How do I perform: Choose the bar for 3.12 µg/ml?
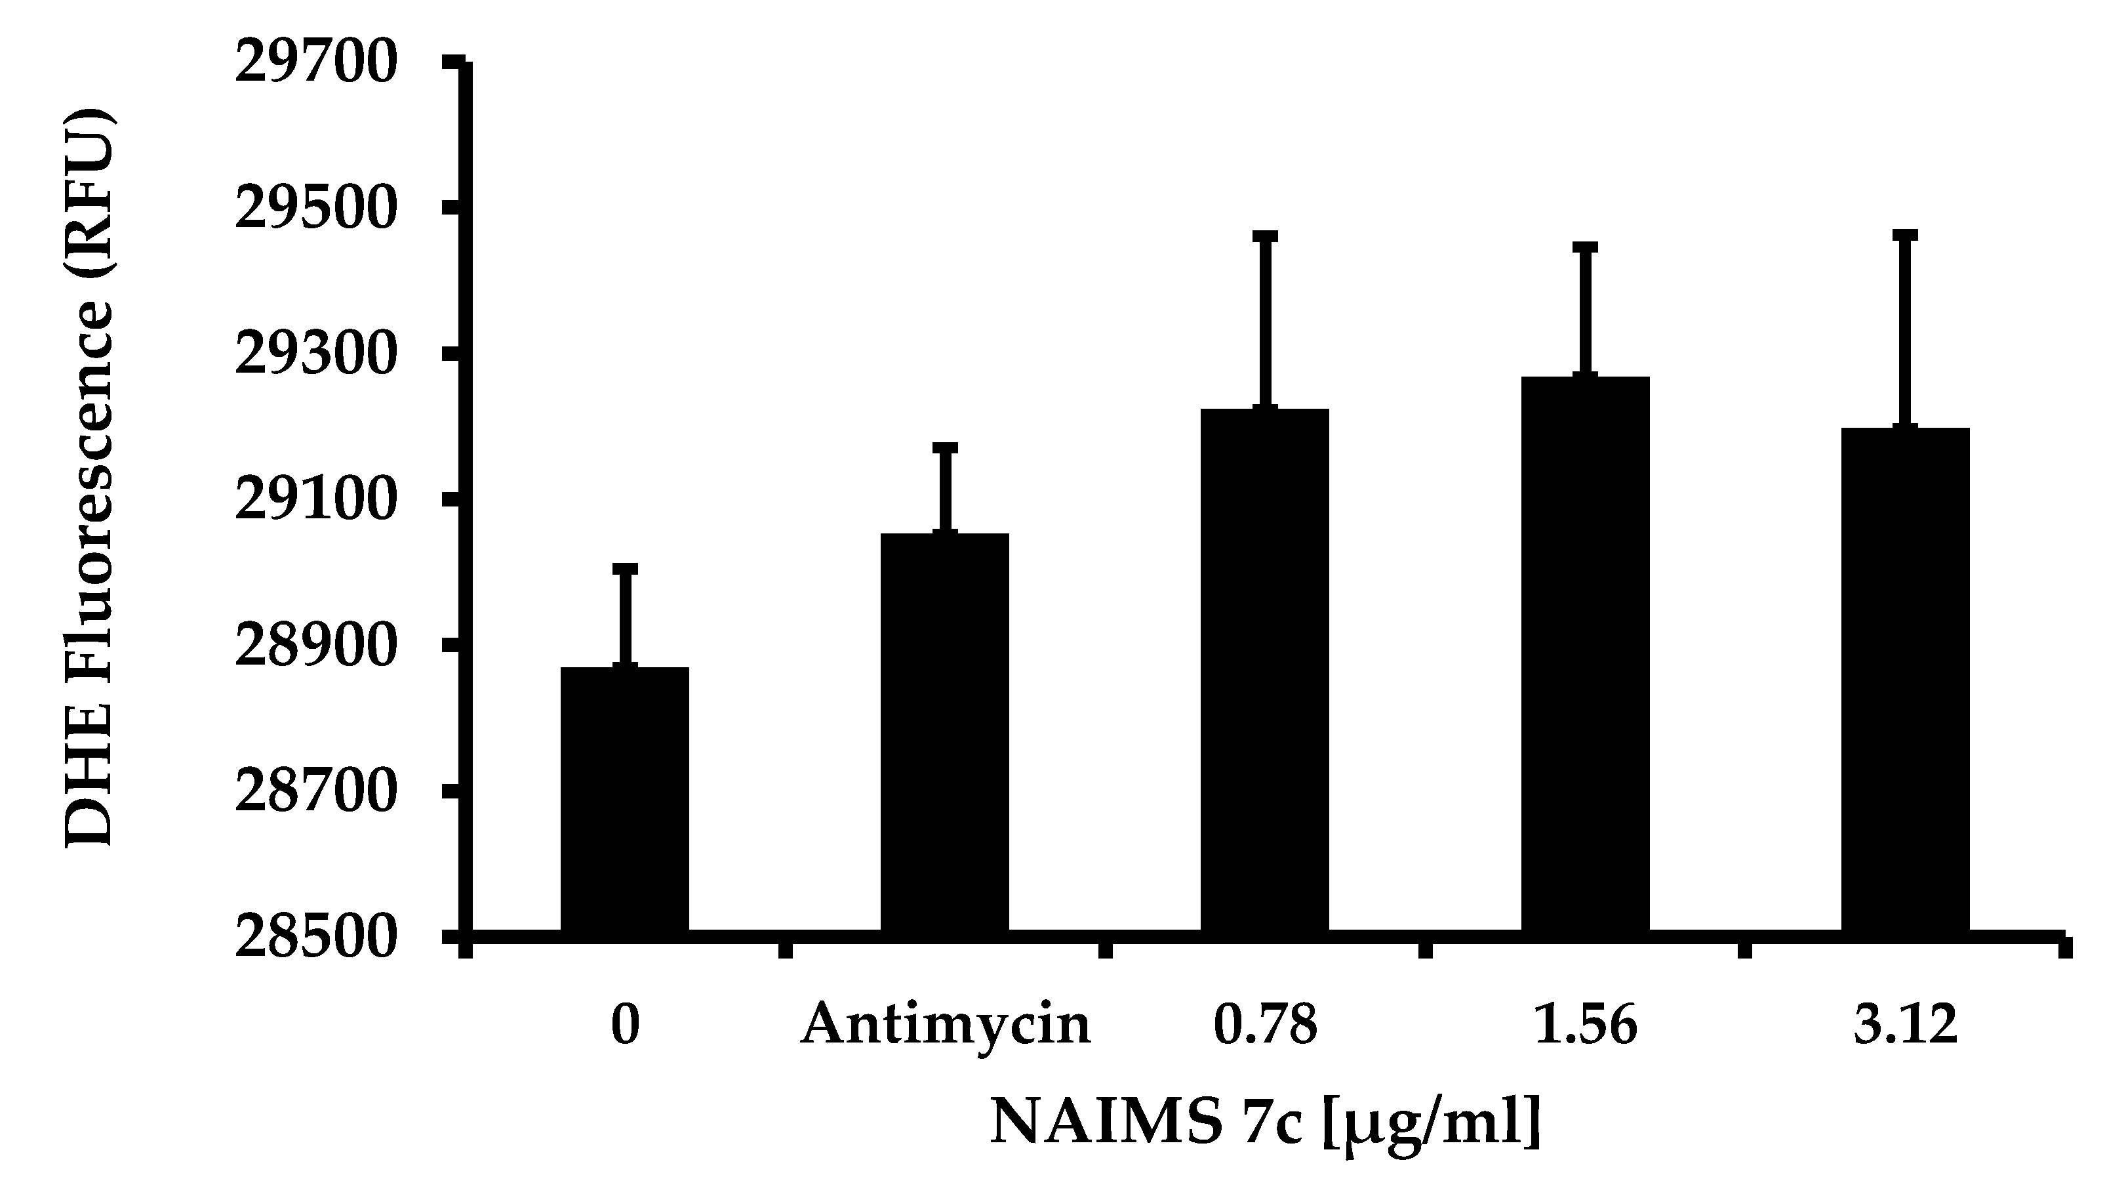pyautogui.click(x=1905, y=678)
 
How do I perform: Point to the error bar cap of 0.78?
pyautogui.click(x=1264, y=236)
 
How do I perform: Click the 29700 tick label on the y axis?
pyautogui.click(x=316, y=64)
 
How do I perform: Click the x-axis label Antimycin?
pyautogui.click(x=946, y=1026)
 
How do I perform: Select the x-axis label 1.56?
pyautogui.click(x=1585, y=1026)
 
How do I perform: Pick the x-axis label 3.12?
pyautogui.click(x=1905, y=1026)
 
